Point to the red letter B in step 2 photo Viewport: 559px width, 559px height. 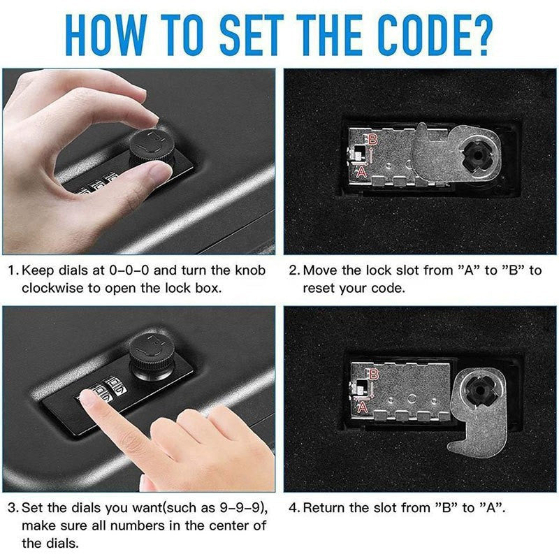pyautogui.click(x=373, y=139)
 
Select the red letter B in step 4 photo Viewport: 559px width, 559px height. pyautogui.click(x=373, y=375)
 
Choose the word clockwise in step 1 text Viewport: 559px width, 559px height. pyautogui.click(x=50, y=288)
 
